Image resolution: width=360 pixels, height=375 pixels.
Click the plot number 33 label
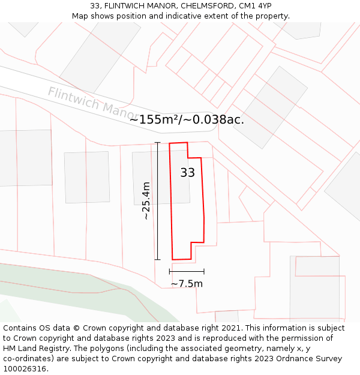pos(187,173)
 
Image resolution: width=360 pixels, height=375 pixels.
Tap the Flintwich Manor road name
pos(93,103)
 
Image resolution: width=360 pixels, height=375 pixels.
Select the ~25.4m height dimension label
pos(146,200)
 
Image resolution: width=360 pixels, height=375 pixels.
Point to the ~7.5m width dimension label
pos(187,284)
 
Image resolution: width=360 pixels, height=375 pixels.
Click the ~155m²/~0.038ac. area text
pos(187,119)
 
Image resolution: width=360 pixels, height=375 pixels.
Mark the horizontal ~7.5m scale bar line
pos(187,272)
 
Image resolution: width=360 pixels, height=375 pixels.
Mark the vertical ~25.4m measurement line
pos(157,200)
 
